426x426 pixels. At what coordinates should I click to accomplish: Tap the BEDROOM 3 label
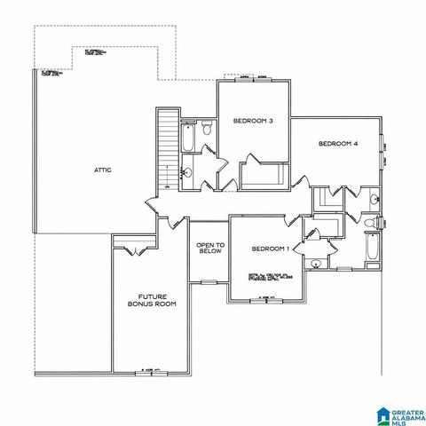[x=253, y=121]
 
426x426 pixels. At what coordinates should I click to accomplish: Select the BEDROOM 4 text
[x=337, y=143]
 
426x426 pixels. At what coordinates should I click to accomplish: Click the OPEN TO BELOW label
[x=209, y=248]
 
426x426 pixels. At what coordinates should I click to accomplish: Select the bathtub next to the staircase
[x=188, y=138]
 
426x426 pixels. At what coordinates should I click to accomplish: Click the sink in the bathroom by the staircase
[x=187, y=172]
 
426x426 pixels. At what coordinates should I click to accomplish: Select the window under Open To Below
[x=209, y=281]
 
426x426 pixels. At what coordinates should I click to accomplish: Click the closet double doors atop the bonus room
[x=135, y=248]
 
